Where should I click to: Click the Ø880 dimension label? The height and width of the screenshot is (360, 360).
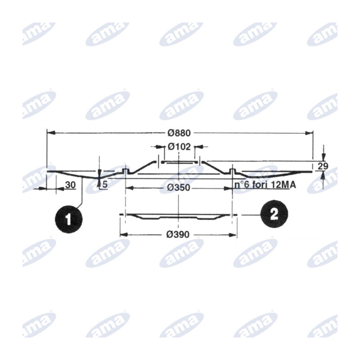tap(179, 133)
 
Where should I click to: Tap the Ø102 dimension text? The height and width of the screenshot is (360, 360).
tap(179, 147)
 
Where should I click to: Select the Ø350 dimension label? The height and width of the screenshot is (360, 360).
tap(179, 188)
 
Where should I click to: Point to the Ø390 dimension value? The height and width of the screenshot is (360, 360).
tap(178, 234)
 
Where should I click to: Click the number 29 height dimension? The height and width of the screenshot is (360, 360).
tap(323, 166)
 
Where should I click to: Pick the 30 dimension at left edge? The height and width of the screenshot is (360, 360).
tap(70, 185)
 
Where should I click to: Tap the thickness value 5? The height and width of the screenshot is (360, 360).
tap(105, 184)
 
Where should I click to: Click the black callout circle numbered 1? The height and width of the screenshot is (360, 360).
tap(68, 219)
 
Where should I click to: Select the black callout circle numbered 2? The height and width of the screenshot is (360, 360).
tap(274, 214)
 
